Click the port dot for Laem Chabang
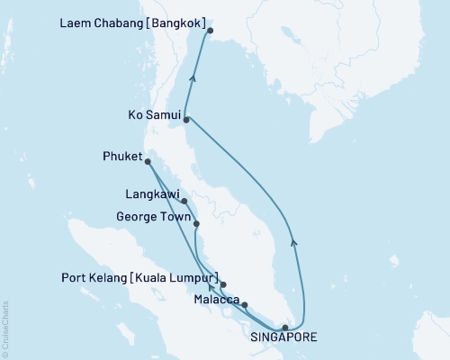click(210, 31)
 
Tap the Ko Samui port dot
click(186, 119)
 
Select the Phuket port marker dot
click(148, 162)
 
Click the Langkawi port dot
click(184, 201)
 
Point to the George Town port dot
click(196, 223)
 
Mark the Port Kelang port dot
click(222, 283)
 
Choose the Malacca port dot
click(244, 305)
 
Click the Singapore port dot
click(284, 328)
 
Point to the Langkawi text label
click(152, 193)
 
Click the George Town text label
click(153, 217)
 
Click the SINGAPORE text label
click(285, 342)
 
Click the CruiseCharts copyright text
click(5, 328)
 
